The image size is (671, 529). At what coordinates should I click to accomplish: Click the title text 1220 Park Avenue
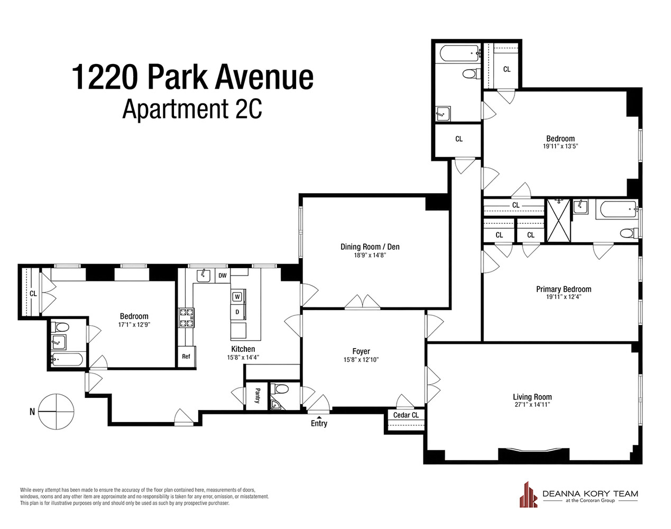tap(192, 77)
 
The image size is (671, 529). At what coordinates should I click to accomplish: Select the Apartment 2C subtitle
tap(192, 109)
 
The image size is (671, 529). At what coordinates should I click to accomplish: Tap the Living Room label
tap(532, 397)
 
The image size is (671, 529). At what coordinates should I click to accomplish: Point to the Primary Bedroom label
tap(564, 289)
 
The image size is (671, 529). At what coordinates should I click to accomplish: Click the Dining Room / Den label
tap(370, 247)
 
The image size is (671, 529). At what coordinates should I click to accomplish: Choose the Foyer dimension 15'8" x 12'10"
tap(361, 360)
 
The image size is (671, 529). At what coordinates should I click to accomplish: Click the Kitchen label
tap(243, 349)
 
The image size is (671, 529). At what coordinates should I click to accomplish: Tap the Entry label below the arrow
tap(319, 423)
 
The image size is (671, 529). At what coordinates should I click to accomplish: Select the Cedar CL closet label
tap(406, 415)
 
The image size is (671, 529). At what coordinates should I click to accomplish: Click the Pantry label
tap(258, 396)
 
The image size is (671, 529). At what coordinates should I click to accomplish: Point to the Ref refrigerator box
tap(186, 356)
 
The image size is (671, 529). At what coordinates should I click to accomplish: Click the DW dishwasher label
tap(223, 276)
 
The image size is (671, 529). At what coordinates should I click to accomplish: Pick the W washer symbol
tap(237, 297)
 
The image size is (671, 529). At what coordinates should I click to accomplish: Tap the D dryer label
tap(237, 312)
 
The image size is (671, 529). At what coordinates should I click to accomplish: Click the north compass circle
tap(57, 411)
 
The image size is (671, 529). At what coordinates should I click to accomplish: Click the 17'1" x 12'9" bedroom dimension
tap(134, 325)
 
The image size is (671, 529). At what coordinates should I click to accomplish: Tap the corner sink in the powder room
tap(275, 405)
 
